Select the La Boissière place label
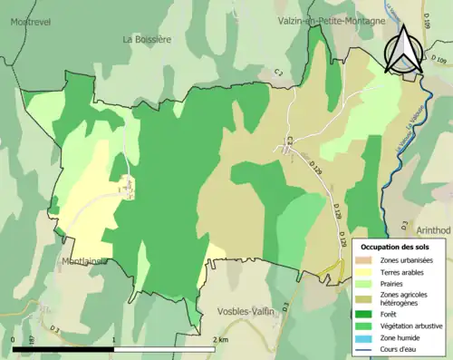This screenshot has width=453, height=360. (x=147, y=39)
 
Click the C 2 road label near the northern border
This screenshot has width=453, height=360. (x=280, y=71)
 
